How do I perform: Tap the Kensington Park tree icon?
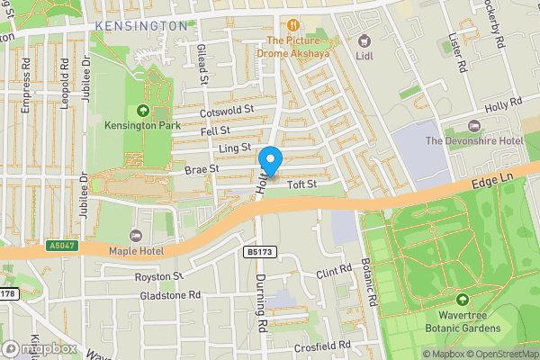tap(141, 111)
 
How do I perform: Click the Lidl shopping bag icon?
tap(364, 40)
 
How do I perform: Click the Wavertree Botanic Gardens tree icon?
tap(463, 299)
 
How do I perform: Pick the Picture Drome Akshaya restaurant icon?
tap(292, 25)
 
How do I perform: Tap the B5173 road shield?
tap(256, 253)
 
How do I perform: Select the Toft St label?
tap(302, 185)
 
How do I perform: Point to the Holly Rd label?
tap(504, 106)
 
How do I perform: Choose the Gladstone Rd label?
tap(168, 294)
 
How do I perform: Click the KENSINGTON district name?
tap(141, 26)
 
